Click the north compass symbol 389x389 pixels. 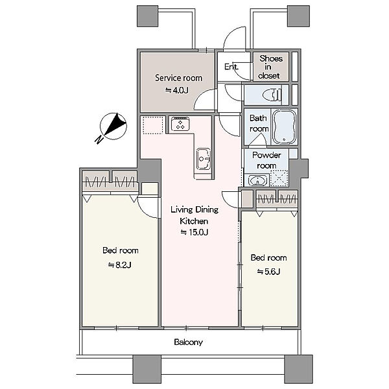tap(113, 126)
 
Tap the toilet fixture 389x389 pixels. tap(272, 95)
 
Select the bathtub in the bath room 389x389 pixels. tap(285, 127)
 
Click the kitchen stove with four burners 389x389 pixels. tap(180, 124)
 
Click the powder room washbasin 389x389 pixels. tap(258, 180)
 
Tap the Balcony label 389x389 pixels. tap(188, 342)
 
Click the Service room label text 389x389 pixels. tap(179, 78)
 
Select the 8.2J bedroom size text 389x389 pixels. tap(119, 265)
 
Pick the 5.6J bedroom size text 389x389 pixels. tap(268, 272)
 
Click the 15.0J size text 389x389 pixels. tap(194, 232)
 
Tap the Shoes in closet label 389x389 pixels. tap(270, 67)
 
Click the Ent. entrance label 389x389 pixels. tap(231, 67)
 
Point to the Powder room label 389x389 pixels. tap(266, 160)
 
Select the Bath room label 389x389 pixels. tap(259, 123)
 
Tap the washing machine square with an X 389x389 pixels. tap(279, 178)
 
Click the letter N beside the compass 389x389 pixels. tap(99, 140)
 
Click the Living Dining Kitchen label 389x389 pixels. tap(194, 215)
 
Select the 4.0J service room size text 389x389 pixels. tap(177, 90)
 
